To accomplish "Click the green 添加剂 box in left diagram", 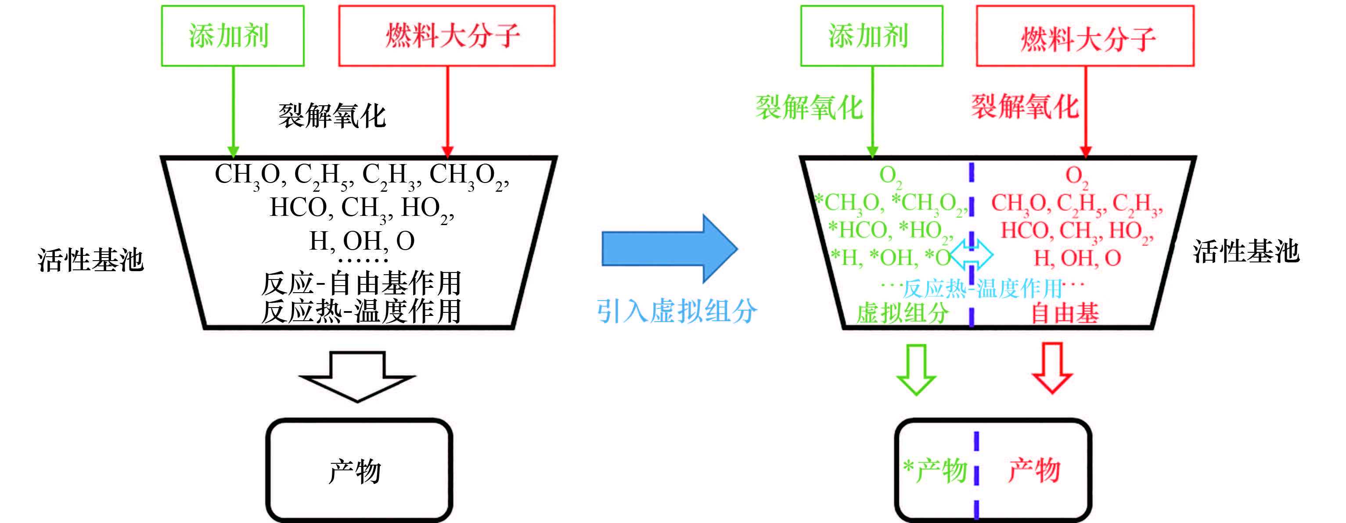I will pyautogui.click(x=233, y=36).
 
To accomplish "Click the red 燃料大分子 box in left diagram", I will pyautogui.click(x=447, y=36).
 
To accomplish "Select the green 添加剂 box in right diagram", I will pyautogui.click(x=871, y=36).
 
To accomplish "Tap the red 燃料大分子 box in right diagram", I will pyautogui.click(x=1085, y=36).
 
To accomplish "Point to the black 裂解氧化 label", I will pyautogui.click(x=332, y=115).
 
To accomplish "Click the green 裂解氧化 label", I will pyautogui.click(x=809, y=107).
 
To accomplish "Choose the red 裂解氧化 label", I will pyautogui.click(x=1025, y=107).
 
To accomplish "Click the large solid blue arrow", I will pyautogui.click(x=669, y=249).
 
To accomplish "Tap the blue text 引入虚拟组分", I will pyautogui.click(x=677, y=312).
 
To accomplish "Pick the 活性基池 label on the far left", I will pyautogui.click(x=90, y=260).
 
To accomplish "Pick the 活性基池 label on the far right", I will pyautogui.click(x=1245, y=251).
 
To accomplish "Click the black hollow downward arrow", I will pyautogui.click(x=358, y=376).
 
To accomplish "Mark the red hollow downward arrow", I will pyautogui.click(x=1052, y=368).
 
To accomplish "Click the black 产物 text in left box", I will pyautogui.click(x=355, y=471).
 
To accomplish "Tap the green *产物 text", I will pyautogui.click(x=935, y=470).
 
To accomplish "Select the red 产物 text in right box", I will pyautogui.click(x=1034, y=470).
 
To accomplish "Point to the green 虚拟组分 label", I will pyautogui.click(x=903, y=313).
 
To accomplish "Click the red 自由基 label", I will pyautogui.click(x=1065, y=313).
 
